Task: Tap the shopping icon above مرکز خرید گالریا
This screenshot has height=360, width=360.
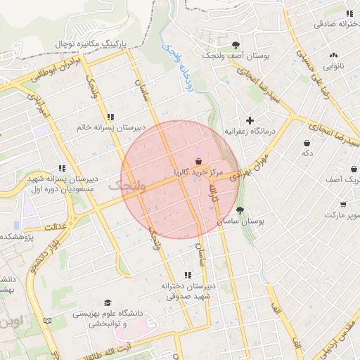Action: (198, 161)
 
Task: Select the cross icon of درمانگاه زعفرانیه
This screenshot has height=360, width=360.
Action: (250, 120)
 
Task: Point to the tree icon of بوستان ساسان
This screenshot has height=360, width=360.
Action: (240, 210)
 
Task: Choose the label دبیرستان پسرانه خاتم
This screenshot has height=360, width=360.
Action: (111, 127)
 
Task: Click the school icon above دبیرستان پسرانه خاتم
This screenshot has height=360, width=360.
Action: (110, 117)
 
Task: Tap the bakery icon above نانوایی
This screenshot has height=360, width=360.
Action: (333, 55)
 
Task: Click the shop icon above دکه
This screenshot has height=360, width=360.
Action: (307, 141)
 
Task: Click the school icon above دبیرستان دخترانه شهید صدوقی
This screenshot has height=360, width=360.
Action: (187, 275)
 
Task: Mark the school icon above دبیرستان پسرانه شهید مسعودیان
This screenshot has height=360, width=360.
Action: (63, 169)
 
